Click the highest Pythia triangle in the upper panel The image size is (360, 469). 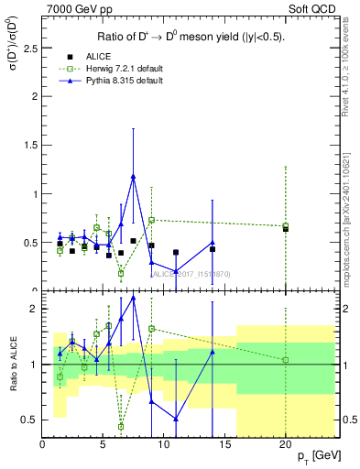tap(134, 177)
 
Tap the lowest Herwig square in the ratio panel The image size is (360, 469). tap(121, 426)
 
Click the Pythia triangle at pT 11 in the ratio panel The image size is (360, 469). tap(176, 419)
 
